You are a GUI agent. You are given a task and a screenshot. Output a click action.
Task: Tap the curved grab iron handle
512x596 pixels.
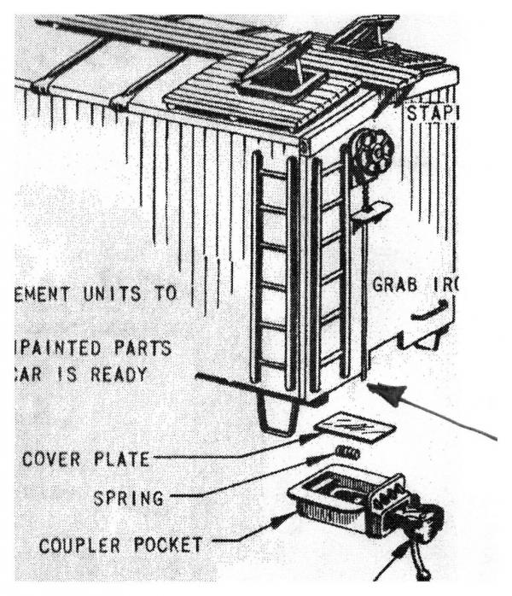pyautogui.click(x=427, y=316)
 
